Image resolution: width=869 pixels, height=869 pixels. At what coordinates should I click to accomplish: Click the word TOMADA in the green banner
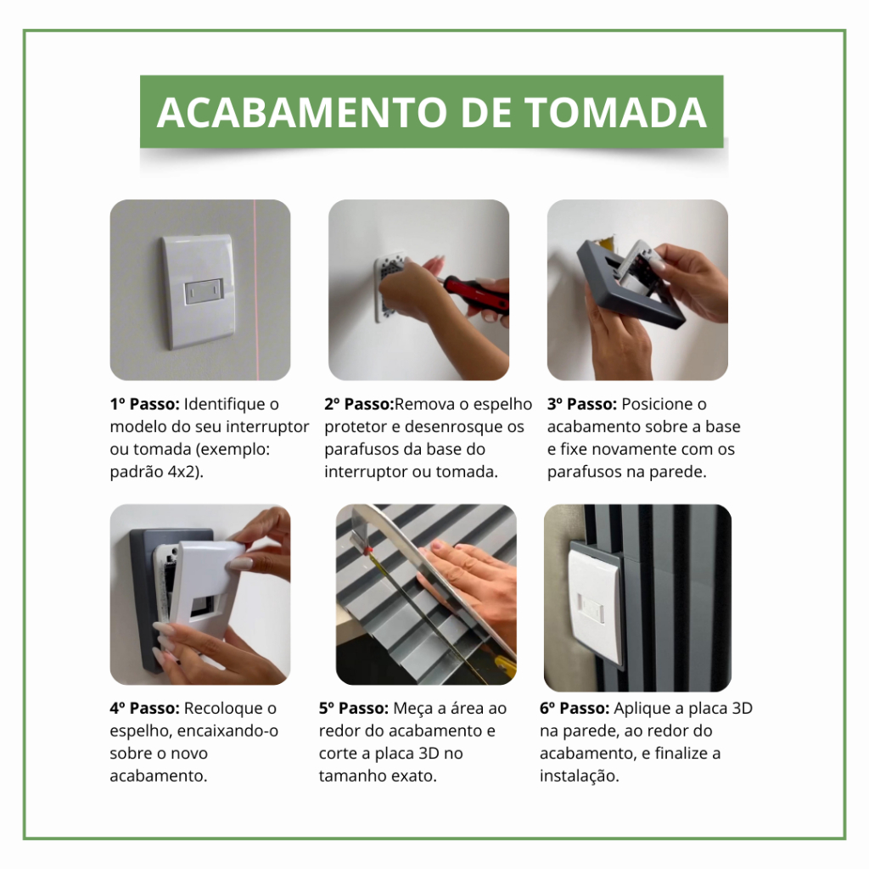(614, 113)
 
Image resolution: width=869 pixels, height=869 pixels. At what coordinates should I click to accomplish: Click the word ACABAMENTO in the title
(302, 113)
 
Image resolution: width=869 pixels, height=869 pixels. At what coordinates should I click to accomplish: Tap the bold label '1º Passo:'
(144, 404)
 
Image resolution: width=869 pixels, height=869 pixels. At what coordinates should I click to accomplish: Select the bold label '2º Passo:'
(359, 404)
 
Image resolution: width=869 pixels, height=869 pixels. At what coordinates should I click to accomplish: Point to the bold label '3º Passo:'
(582, 404)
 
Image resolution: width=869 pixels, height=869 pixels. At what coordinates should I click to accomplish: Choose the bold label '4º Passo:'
(144, 709)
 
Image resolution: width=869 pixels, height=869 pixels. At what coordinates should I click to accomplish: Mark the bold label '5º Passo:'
(354, 709)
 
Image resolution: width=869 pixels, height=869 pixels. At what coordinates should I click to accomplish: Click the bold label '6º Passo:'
(575, 709)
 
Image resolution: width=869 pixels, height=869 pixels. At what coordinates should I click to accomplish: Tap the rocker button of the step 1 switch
(204, 292)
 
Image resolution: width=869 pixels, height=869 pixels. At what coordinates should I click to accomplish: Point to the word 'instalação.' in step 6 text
(579, 776)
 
